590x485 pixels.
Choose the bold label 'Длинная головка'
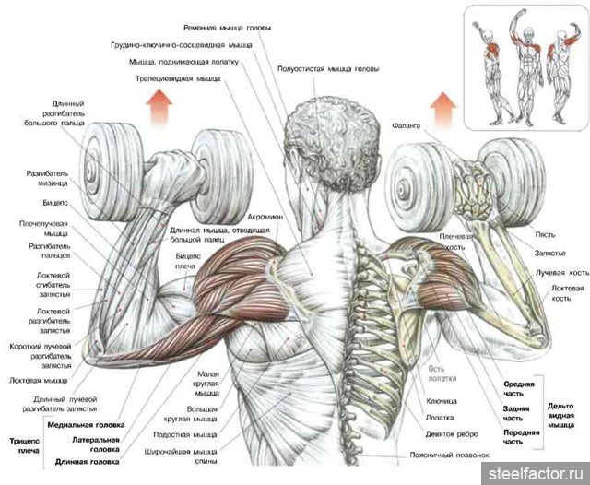pyautogui.click(x=95, y=462)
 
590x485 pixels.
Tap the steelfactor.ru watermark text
pyautogui.click(x=536, y=472)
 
